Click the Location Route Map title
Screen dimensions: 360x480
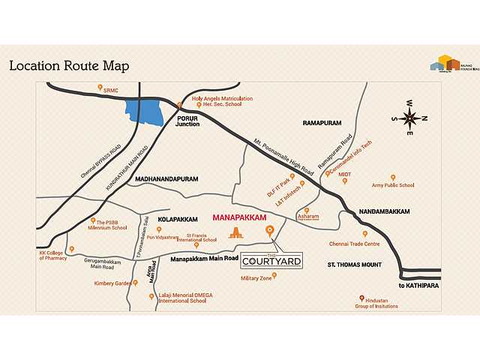(69, 66)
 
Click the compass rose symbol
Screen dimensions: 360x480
(410, 118)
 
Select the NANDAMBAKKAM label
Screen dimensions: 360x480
(385, 211)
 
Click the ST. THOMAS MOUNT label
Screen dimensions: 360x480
(354, 265)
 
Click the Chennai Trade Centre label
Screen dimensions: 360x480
(354, 244)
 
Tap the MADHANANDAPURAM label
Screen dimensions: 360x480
(166, 180)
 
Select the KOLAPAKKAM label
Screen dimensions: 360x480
(178, 219)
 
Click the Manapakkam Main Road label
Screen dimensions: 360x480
(200, 259)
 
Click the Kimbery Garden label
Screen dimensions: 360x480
(112, 283)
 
